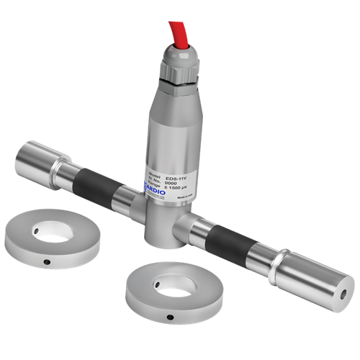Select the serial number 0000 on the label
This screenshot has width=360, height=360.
[170, 183]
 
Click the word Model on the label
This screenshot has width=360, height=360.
[156, 175]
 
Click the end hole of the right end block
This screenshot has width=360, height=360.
[344, 294]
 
